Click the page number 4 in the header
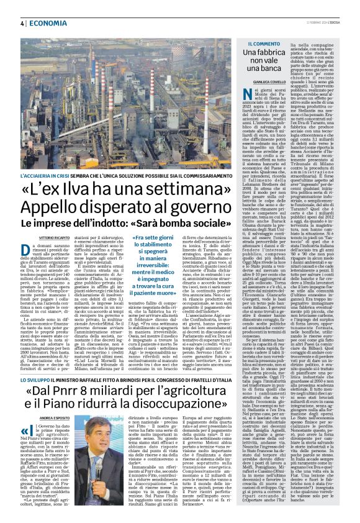click(20, 23)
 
